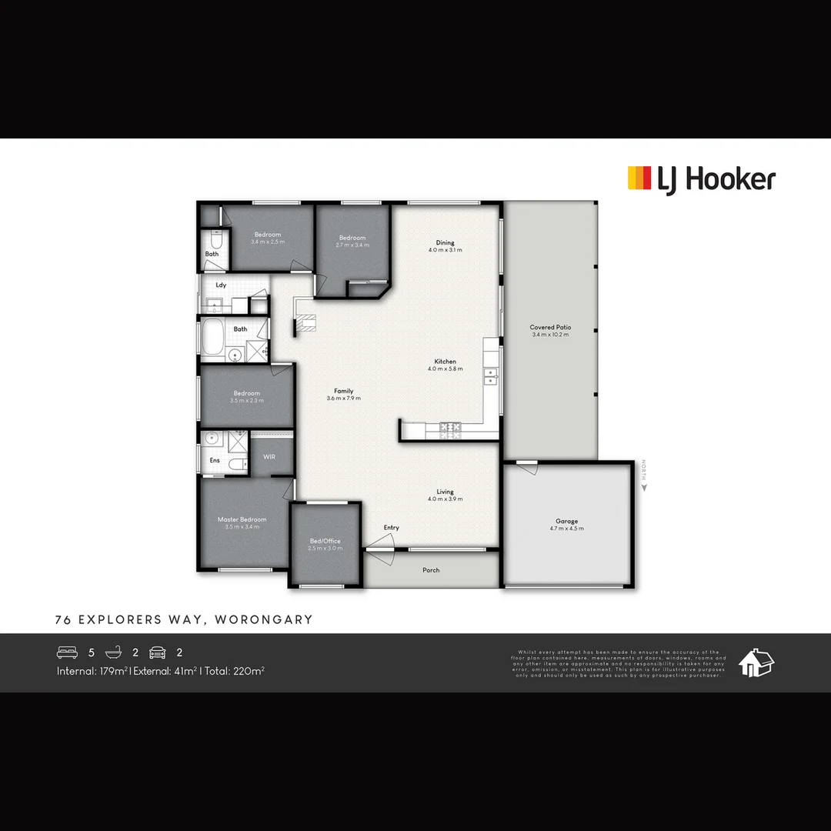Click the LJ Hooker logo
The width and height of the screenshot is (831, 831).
701,179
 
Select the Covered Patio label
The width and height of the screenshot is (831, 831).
550,328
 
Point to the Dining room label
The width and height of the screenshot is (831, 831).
445,243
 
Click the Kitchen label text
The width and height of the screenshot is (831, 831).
445,362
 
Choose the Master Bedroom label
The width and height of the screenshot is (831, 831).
242,519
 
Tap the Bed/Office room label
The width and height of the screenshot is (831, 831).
325,541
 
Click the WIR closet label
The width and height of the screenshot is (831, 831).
269,457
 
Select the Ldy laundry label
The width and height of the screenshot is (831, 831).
221,285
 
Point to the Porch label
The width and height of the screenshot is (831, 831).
431,570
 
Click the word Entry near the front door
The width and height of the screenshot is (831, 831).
392,527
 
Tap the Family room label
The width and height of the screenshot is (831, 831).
343,391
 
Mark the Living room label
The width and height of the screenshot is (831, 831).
445,492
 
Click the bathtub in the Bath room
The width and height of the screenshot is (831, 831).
213,336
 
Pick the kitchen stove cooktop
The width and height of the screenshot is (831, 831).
449,430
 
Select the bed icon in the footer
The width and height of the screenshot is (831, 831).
67,652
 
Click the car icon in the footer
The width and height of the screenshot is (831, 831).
158,652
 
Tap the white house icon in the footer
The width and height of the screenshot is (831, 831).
756,662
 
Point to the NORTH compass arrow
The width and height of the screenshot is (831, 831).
644,486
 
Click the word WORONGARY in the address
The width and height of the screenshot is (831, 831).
264,619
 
